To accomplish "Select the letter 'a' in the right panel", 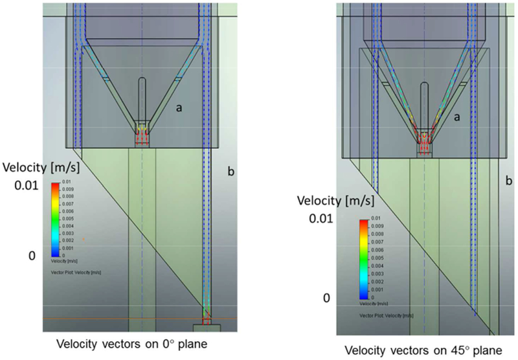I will [458, 117].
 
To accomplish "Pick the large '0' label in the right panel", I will [327, 298].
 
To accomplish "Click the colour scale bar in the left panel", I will [54, 219].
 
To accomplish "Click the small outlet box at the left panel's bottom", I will [207, 328].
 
